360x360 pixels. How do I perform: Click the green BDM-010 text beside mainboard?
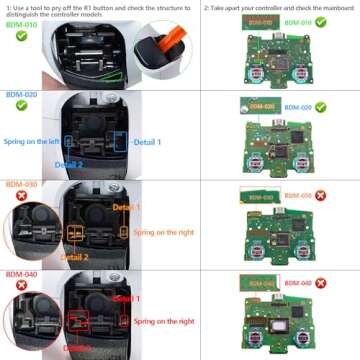pyautogui.click(x=298, y=21)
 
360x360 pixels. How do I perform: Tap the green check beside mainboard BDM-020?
pyautogui.click(x=320, y=107)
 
